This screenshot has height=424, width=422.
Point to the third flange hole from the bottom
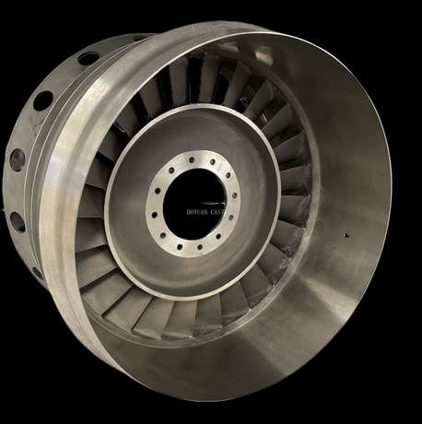point(17,159)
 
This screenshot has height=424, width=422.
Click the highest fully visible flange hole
point(88,58)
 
